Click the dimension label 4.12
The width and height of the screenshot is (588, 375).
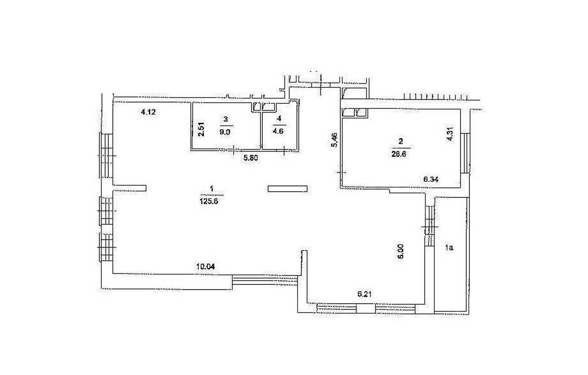pyautogui.click(x=148, y=111)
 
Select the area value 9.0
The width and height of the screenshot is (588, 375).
pyautogui.click(x=225, y=132)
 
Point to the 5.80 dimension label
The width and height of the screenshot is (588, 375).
pyautogui.click(x=250, y=158)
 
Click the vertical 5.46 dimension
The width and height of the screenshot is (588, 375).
pyautogui.click(x=336, y=141)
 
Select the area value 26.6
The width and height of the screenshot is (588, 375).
pyautogui.click(x=401, y=153)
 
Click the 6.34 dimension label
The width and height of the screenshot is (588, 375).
pyautogui.click(x=431, y=180)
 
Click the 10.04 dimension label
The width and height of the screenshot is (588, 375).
pyautogui.click(x=206, y=267)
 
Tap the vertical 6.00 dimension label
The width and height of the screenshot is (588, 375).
pyautogui.click(x=401, y=251)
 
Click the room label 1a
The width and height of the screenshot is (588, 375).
pyautogui.click(x=449, y=247)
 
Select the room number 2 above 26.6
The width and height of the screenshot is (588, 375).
pyautogui.click(x=401, y=142)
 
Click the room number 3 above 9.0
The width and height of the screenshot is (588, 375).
pyautogui.click(x=225, y=119)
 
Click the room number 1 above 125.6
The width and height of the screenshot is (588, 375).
pyautogui.click(x=212, y=189)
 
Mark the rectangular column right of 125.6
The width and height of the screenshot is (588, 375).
pyautogui.click(x=288, y=189)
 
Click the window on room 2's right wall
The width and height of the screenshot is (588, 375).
pyautogui.click(x=466, y=153)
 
